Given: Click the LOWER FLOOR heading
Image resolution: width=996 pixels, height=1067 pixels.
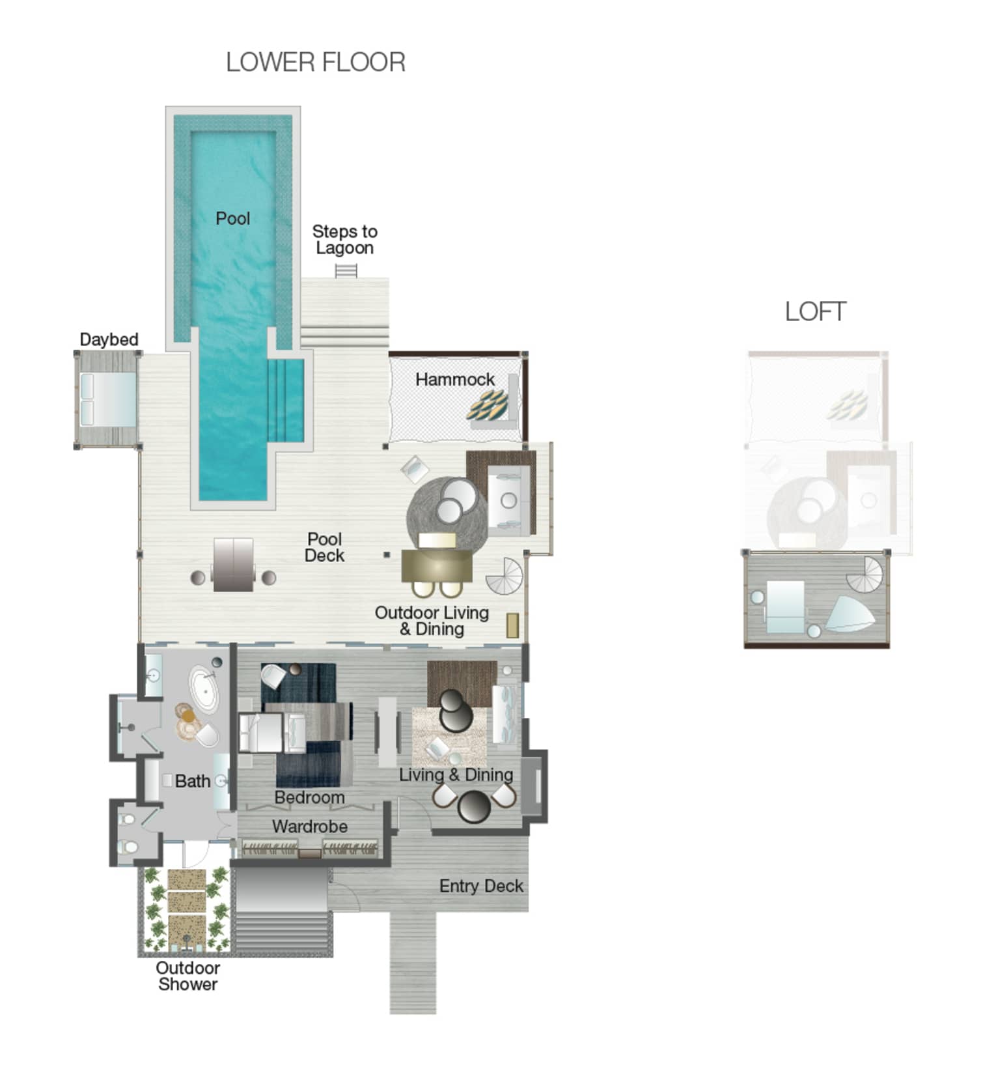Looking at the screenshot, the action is click(316, 63).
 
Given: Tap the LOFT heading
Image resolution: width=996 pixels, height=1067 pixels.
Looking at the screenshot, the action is click(816, 311).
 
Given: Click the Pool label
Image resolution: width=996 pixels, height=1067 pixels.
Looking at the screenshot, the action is click(233, 218).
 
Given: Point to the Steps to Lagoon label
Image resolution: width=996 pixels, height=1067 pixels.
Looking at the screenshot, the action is click(345, 240).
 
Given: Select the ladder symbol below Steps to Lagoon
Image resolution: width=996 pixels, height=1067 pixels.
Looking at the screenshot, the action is click(346, 270).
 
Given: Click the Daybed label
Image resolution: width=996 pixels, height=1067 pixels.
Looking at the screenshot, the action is click(109, 339).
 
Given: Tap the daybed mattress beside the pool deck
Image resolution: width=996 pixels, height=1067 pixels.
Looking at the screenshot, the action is click(107, 399).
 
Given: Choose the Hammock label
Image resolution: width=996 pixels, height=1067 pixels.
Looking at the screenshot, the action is click(455, 379).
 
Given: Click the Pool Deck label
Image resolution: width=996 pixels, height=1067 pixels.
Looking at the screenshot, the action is click(324, 547).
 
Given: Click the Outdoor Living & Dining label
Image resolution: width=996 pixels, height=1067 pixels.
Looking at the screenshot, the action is click(432, 621).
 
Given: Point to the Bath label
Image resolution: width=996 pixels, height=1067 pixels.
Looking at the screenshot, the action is click(193, 781).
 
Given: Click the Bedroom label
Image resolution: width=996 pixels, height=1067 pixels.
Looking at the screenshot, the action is click(309, 797).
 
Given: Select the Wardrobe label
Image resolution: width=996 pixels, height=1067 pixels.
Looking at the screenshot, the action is click(310, 827).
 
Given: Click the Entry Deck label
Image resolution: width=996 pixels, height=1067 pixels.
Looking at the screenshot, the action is click(481, 887).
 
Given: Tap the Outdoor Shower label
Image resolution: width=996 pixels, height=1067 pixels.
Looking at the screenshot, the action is click(188, 976).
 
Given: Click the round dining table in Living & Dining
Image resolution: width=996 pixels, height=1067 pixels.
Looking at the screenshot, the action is click(474, 806).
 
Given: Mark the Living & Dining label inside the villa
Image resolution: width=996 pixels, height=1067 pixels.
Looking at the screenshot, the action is click(456, 775).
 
